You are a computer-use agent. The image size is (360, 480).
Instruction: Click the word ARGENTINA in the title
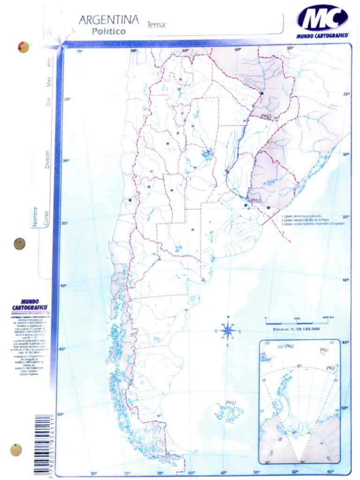coord(108,20)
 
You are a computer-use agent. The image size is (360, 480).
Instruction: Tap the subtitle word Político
coord(109,32)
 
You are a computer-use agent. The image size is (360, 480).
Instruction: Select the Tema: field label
coord(157,25)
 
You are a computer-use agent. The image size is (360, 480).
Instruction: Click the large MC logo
coord(322,19)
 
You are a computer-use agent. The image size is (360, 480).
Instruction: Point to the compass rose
coord(228,331)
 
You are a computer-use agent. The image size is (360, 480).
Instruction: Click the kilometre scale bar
coord(296,322)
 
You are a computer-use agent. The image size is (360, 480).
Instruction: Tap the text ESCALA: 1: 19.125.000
coord(296,329)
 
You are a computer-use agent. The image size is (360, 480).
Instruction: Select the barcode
coord(43,444)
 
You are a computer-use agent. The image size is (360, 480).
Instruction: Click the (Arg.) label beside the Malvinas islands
coord(230,402)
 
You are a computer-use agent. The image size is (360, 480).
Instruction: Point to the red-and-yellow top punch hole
coord(23,47)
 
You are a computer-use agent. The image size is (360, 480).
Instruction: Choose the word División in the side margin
coord(47,159)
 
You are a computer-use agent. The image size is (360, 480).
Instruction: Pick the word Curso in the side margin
coord(46,218)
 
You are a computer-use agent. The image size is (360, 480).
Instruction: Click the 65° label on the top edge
coord(186,50)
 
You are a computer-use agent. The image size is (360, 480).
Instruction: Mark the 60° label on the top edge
coord(238,49)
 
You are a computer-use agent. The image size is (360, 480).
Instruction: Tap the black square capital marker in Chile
coord(130,200)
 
